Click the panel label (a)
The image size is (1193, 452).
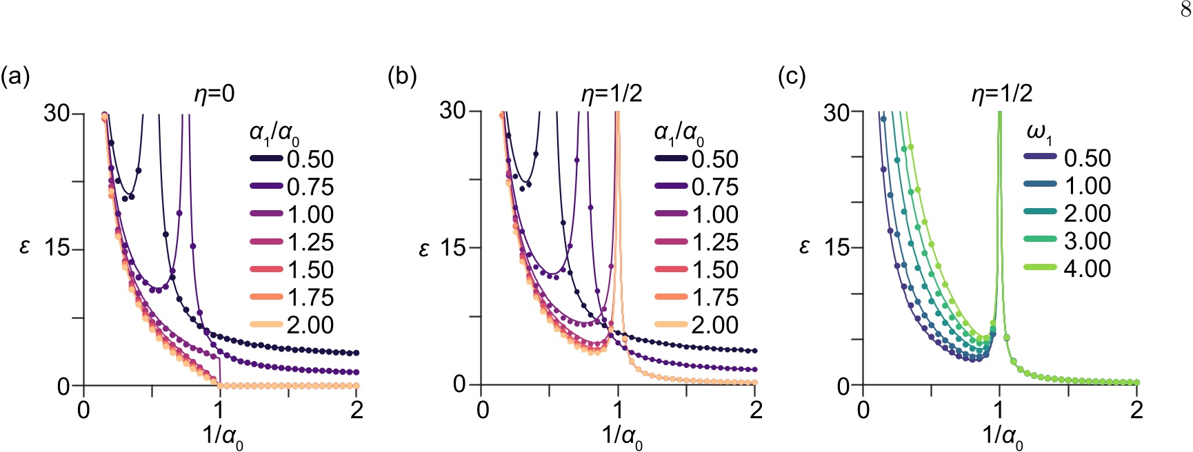[x=15, y=76]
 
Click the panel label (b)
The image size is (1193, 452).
[x=402, y=76]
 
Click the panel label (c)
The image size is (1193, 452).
[x=792, y=76]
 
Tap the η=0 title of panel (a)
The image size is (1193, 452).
[x=214, y=94]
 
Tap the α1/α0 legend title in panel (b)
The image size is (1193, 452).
[x=679, y=133]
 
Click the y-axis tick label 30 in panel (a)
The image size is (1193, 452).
[x=57, y=113]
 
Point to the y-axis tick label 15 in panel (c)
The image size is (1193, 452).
[x=837, y=248]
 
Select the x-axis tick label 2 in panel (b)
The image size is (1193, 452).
[x=756, y=410]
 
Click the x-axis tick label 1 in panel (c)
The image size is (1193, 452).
[x=999, y=410]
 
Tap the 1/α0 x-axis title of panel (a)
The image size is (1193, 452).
[x=222, y=438]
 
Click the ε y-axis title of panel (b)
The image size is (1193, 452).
[x=424, y=248]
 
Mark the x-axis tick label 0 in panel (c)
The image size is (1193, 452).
[x=863, y=410]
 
